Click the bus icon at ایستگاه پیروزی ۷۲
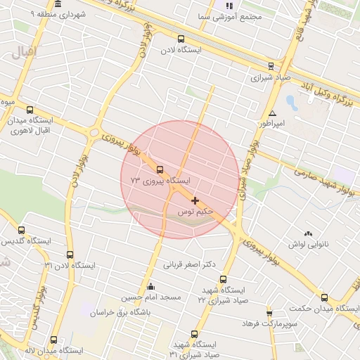[160, 169]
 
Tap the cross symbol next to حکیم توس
[195, 201]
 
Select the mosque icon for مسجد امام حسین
[150, 287]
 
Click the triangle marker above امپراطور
[272, 114]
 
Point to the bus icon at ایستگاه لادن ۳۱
[70, 255]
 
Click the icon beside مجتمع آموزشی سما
[229, 6]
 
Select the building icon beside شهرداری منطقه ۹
[57, 4]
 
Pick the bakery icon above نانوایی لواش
[307, 233]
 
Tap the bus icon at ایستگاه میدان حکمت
[324, 297]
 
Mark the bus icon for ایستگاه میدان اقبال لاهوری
[30, 110]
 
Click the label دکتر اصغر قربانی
[188, 265]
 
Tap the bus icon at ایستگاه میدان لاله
[53, 340]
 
